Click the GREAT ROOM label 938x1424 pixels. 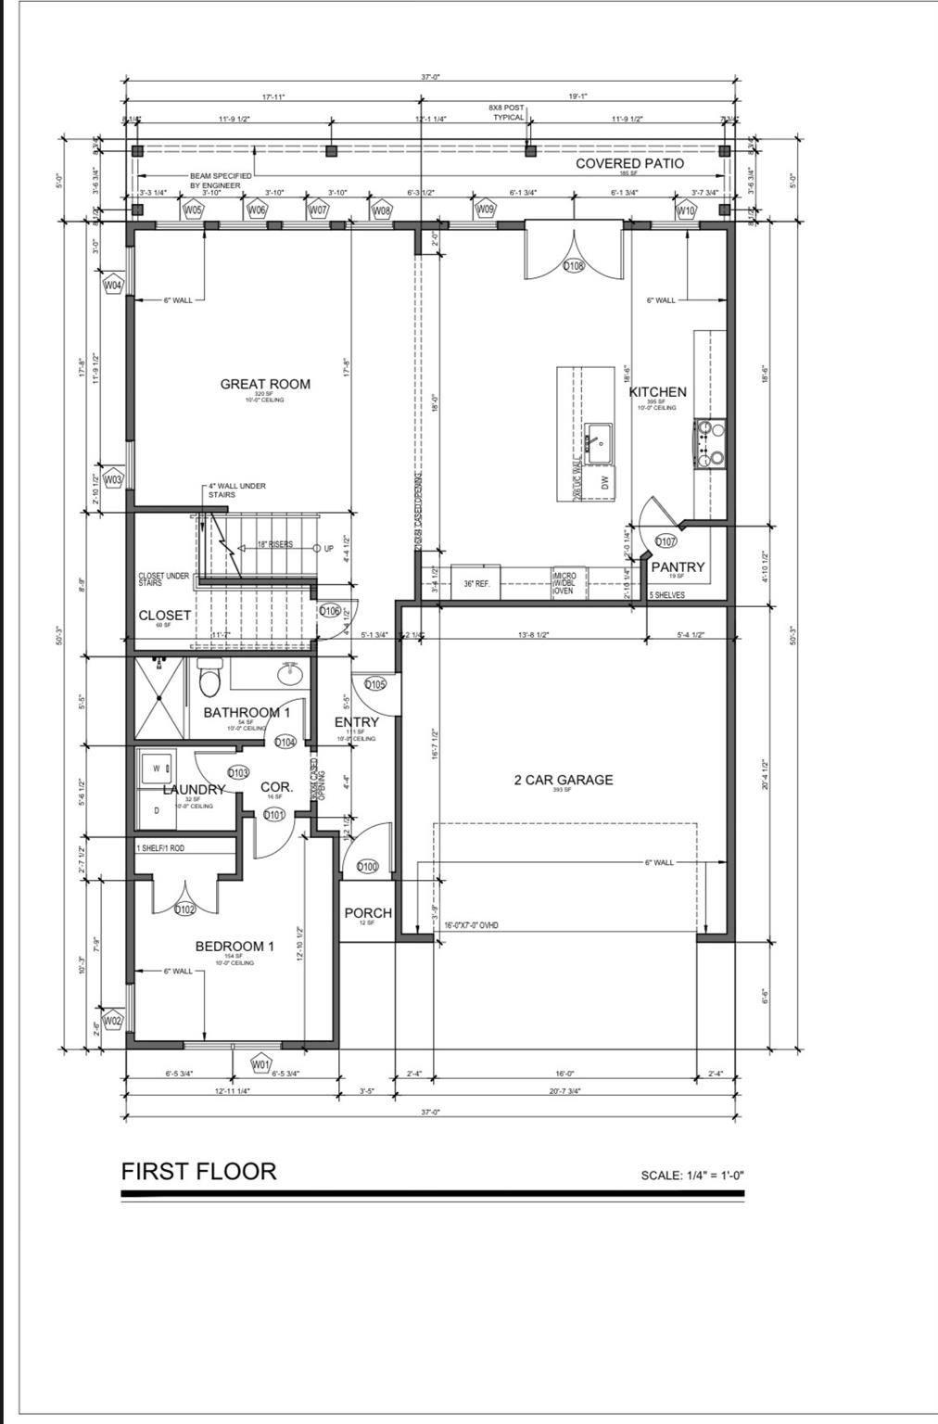click(x=265, y=384)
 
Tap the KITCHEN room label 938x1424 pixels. click(x=657, y=392)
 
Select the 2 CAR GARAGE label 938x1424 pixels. click(x=564, y=780)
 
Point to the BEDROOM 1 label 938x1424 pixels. click(x=234, y=947)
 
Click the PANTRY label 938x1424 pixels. click(x=678, y=566)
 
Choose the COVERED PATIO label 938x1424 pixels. click(x=629, y=163)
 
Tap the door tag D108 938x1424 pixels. click(x=575, y=266)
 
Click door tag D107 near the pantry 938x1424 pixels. click(x=665, y=541)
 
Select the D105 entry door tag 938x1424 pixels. click(x=374, y=684)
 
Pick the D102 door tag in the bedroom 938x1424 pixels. click(x=184, y=909)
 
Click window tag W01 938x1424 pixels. click(x=260, y=1064)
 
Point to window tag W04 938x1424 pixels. click(x=112, y=285)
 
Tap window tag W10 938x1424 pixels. click(x=685, y=210)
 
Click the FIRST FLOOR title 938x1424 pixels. click(x=198, y=1171)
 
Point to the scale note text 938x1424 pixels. click(x=691, y=1176)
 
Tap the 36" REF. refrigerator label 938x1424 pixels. click(x=476, y=584)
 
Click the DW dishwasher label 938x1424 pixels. click(x=603, y=481)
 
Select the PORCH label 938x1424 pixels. click(x=368, y=913)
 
